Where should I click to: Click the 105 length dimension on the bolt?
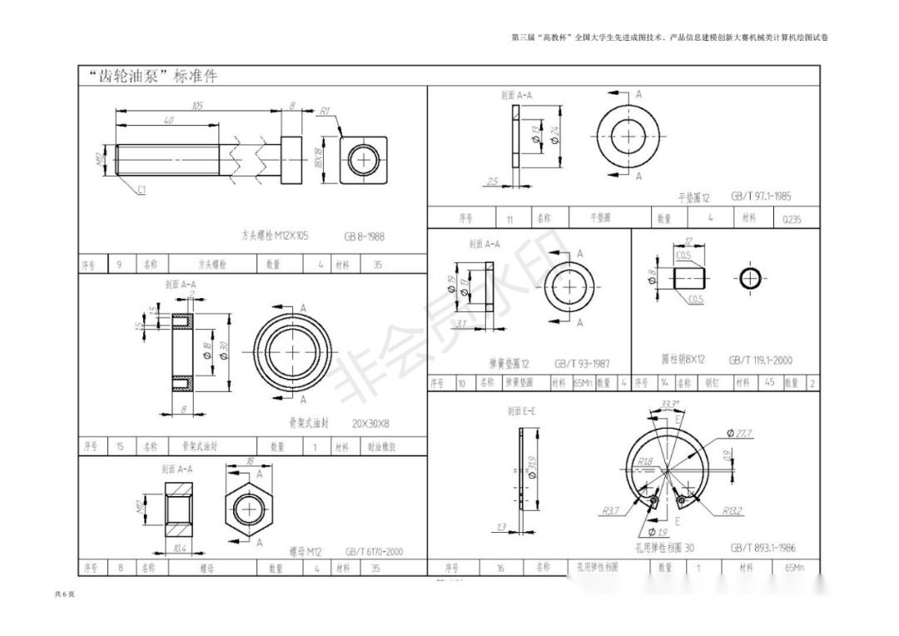197,106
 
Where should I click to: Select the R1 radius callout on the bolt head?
325,111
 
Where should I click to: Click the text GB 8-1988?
365,236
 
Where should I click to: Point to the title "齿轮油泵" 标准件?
153,77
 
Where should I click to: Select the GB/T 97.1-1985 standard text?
761,197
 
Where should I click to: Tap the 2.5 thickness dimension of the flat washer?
492,180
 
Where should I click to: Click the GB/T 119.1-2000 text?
761,360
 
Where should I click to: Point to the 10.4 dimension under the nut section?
179,549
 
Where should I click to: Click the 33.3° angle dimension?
668,405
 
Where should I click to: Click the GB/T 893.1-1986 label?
762,548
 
